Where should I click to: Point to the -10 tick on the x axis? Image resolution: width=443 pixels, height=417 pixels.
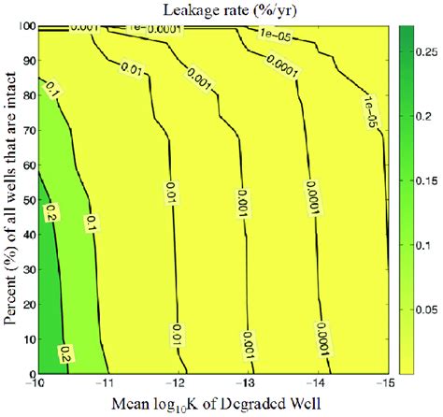[36, 384]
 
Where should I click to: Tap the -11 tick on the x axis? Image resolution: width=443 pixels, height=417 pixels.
[105, 384]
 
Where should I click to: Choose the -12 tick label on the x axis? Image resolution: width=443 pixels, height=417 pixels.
[176, 384]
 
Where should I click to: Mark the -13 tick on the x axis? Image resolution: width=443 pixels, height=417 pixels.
[245, 384]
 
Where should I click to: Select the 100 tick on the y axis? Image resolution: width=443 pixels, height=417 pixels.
[24, 28]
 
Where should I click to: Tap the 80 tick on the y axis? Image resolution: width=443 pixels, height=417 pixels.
[26, 96]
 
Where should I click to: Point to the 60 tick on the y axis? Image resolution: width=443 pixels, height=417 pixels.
[26, 165]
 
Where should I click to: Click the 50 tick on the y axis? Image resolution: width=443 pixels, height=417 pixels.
[26, 200]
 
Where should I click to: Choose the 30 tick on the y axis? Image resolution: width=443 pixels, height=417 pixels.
[26, 269]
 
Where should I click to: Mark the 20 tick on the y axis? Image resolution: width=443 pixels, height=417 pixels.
[26, 304]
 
